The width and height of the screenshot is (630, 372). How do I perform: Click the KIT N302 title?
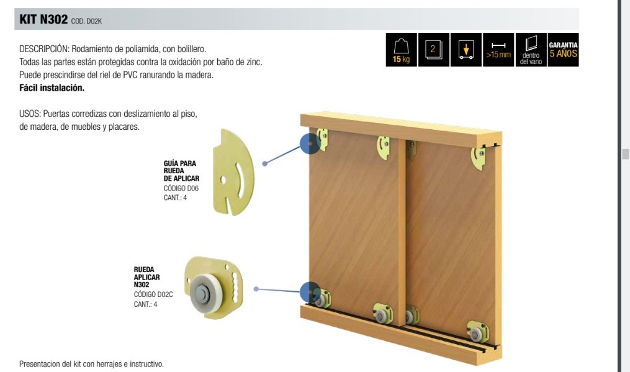click(x=43, y=19)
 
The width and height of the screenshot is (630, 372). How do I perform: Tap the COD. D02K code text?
click(x=86, y=21)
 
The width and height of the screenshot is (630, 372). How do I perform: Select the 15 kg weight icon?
click(x=402, y=50)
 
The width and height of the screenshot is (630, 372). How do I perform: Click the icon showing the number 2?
click(x=433, y=50)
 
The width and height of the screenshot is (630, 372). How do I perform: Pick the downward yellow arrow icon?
click(x=466, y=50)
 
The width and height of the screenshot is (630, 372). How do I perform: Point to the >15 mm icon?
click(x=498, y=50)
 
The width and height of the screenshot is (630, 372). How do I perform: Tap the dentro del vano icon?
click(x=531, y=50)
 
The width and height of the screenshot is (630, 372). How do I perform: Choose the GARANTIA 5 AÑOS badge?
click(x=563, y=50)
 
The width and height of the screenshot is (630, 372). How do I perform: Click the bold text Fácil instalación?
click(x=52, y=88)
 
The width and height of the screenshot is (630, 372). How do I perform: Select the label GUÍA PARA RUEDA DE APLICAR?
click(x=181, y=171)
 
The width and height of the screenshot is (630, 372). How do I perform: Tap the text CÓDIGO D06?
click(x=181, y=188)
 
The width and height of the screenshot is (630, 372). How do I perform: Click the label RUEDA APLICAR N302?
click(x=146, y=277)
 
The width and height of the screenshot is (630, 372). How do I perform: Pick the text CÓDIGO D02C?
click(x=153, y=294)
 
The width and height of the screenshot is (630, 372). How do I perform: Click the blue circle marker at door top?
click(x=310, y=143)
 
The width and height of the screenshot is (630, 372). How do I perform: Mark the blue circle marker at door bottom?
click(x=310, y=291)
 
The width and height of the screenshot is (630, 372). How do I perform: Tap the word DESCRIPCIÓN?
click(x=44, y=49)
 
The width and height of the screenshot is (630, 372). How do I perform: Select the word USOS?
click(x=30, y=114)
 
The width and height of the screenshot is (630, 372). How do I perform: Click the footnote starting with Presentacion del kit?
click(x=92, y=364)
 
